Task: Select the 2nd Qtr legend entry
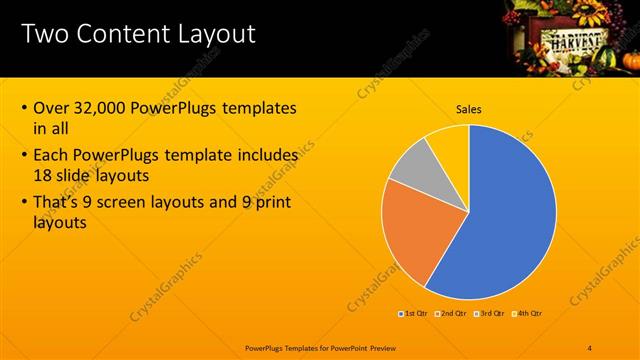pos(453,314)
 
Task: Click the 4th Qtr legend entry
pos(528,314)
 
